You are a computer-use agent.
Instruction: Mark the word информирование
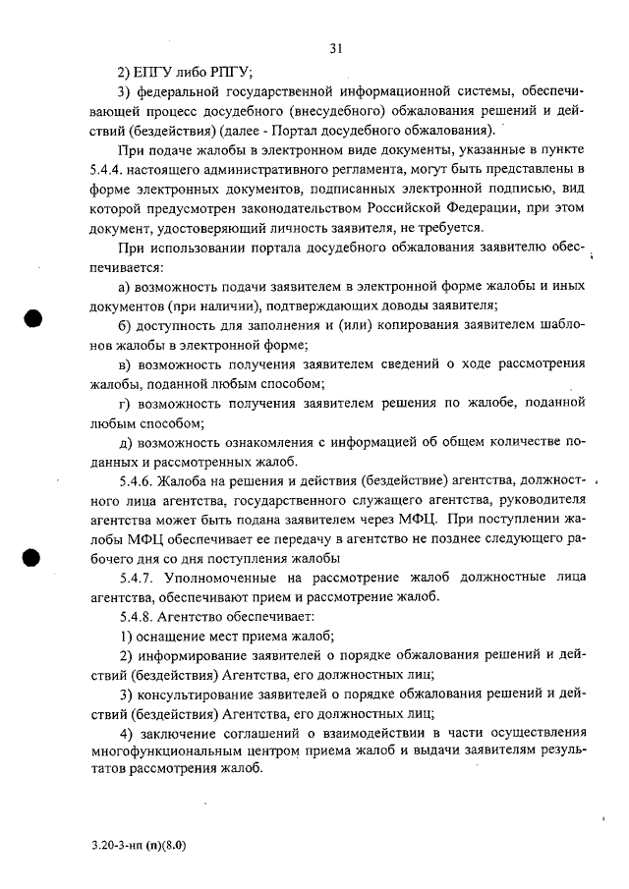pyautogui.click(x=200, y=655)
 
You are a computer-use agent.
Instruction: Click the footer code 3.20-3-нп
pyautogui.click(x=112, y=844)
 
